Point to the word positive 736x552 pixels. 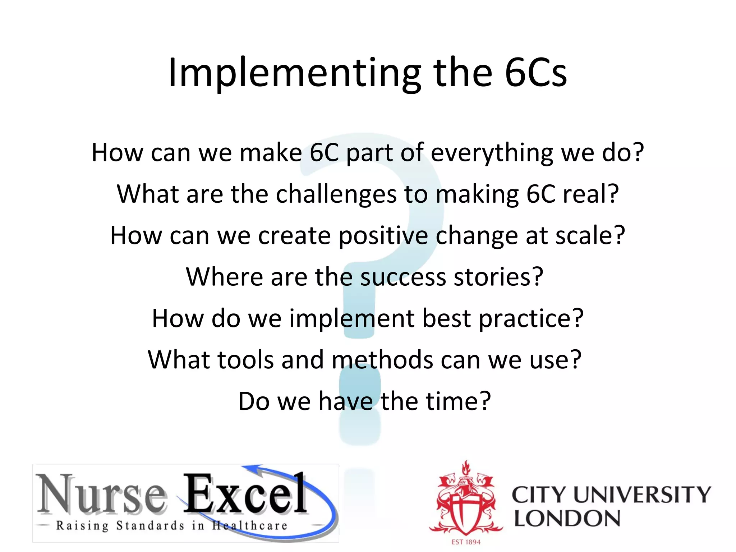[x=383, y=236]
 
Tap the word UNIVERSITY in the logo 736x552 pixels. [x=642, y=494]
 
